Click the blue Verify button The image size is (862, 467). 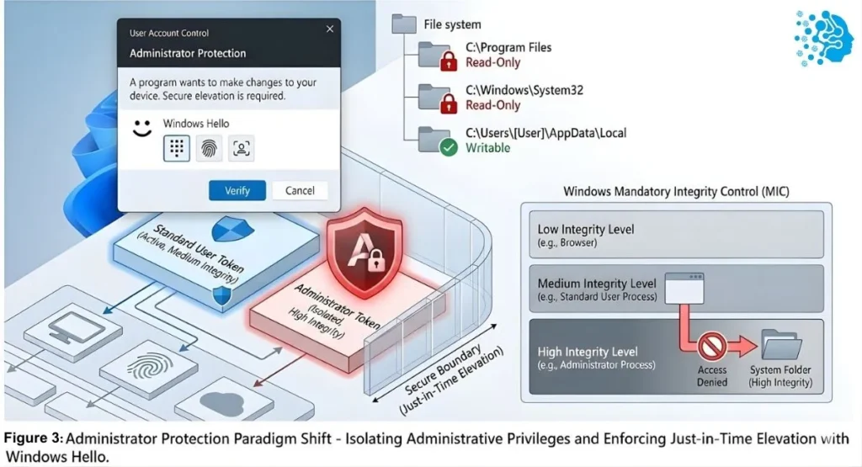[x=237, y=190]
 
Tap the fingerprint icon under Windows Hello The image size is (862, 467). [x=209, y=148]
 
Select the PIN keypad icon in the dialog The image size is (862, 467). [x=176, y=148]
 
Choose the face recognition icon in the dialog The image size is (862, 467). [x=242, y=148]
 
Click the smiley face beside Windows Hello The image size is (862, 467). [x=141, y=130]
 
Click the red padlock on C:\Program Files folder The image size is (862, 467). [x=450, y=61]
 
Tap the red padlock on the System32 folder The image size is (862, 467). [x=450, y=103]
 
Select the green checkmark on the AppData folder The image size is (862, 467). [x=448, y=147]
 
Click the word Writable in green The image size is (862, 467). [x=488, y=148]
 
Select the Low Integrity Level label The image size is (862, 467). [x=586, y=230]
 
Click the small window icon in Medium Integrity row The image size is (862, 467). [x=684, y=288]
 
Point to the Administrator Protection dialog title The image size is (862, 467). [x=188, y=54]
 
